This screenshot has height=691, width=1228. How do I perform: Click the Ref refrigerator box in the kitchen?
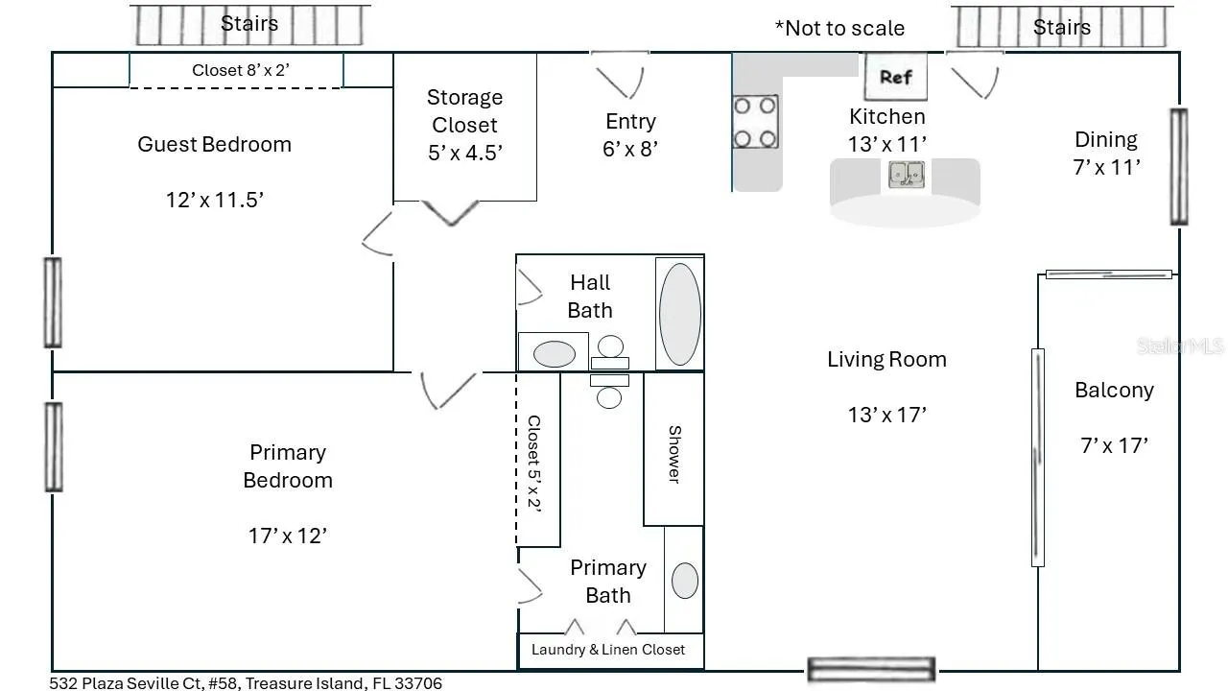[x=896, y=76]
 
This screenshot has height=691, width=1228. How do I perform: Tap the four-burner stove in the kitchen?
[x=755, y=122]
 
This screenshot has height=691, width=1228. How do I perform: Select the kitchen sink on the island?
[x=907, y=175]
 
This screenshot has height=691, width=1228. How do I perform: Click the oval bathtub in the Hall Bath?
[x=680, y=314]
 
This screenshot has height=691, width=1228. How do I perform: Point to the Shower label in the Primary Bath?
[x=674, y=454]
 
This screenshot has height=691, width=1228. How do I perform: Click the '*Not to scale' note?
[x=839, y=28]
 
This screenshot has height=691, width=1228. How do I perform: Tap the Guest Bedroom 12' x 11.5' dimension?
[x=214, y=200]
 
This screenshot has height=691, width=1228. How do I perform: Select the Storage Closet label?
[x=465, y=110]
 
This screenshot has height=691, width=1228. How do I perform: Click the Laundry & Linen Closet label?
[x=608, y=650]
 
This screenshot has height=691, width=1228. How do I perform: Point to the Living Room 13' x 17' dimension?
[x=887, y=415]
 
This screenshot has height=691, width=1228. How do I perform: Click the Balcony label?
[x=1114, y=390]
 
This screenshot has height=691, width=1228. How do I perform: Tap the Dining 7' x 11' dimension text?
[x=1106, y=167]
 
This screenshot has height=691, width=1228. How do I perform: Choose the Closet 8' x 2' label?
[x=241, y=70]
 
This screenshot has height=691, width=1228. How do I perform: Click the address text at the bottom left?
[x=246, y=682]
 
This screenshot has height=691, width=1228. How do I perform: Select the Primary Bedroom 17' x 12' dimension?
[x=288, y=536]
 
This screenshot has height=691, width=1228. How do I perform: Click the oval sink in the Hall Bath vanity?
[x=555, y=354]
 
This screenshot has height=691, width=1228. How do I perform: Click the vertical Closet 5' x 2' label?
[x=534, y=464]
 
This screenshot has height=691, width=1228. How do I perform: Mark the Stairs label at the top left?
[x=249, y=24]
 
